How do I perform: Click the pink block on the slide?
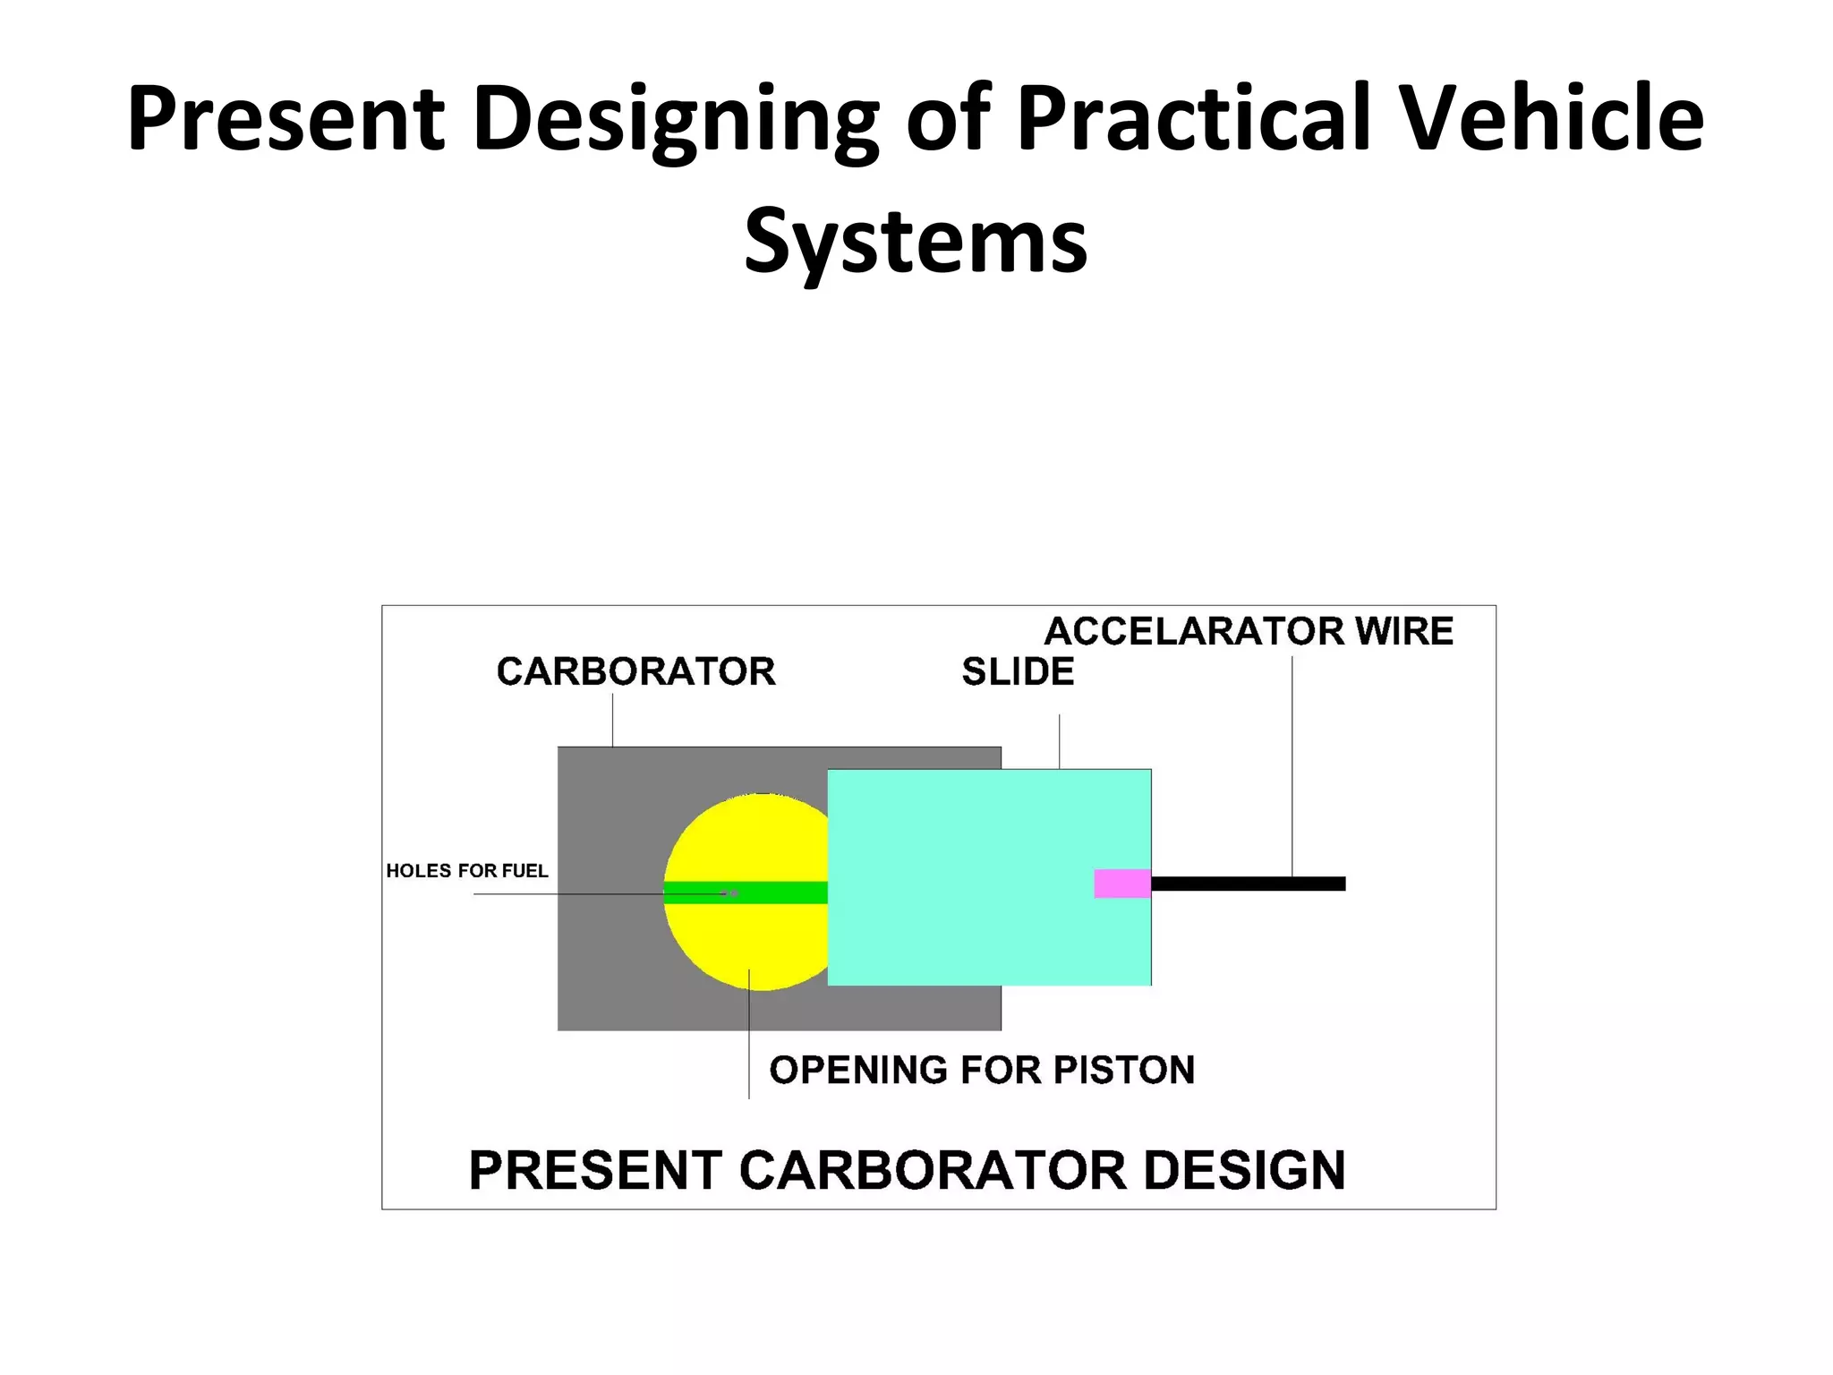pyautogui.click(x=1122, y=884)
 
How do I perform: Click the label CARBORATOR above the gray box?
pyautogui.click(x=635, y=671)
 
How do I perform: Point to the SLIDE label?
pyautogui.click(x=1018, y=671)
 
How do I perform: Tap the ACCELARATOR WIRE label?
pyautogui.click(x=1249, y=631)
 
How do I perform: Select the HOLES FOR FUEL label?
pyautogui.click(x=466, y=871)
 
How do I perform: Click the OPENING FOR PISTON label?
pyautogui.click(x=982, y=1070)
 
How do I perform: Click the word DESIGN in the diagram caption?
pyautogui.click(x=1244, y=1170)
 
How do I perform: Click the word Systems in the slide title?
pyautogui.click(x=916, y=240)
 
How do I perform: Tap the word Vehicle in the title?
pyautogui.click(x=1551, y=118)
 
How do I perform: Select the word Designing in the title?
pyautogui.click(x=676, y=118)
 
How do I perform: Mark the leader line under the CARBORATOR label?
pyautogui.click(x=612, y=721)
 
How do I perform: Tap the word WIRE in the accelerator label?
pyautogui.click(x=1403, y=631)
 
